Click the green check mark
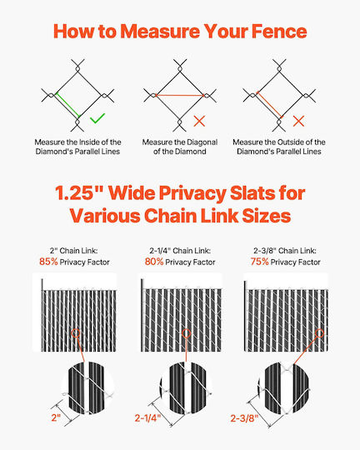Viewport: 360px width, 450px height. pos(97,118)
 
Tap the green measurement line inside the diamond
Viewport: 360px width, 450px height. pos(67,105)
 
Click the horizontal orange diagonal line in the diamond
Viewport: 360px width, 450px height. pos(180,95)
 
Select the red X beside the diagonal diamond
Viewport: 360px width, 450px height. pos(199,121)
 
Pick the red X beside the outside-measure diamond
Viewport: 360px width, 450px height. pos(298,121)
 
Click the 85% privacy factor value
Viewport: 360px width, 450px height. pos(48,262)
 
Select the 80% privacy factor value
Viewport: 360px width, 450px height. pos(154,262)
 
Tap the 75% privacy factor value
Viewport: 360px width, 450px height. pos(259,262)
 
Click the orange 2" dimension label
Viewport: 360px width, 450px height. pos(56,417)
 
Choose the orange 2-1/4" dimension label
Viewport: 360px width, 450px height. pos(147,417)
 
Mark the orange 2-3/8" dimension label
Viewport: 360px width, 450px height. pos(245,418)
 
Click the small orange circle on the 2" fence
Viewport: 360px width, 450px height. pos(76,333)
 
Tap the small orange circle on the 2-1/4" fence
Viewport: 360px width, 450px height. pos(187,333)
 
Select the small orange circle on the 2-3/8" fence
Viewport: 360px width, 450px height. pos(319,333)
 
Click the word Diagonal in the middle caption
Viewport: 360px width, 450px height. pos(201,142)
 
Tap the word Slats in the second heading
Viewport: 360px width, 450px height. pos(253,192)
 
